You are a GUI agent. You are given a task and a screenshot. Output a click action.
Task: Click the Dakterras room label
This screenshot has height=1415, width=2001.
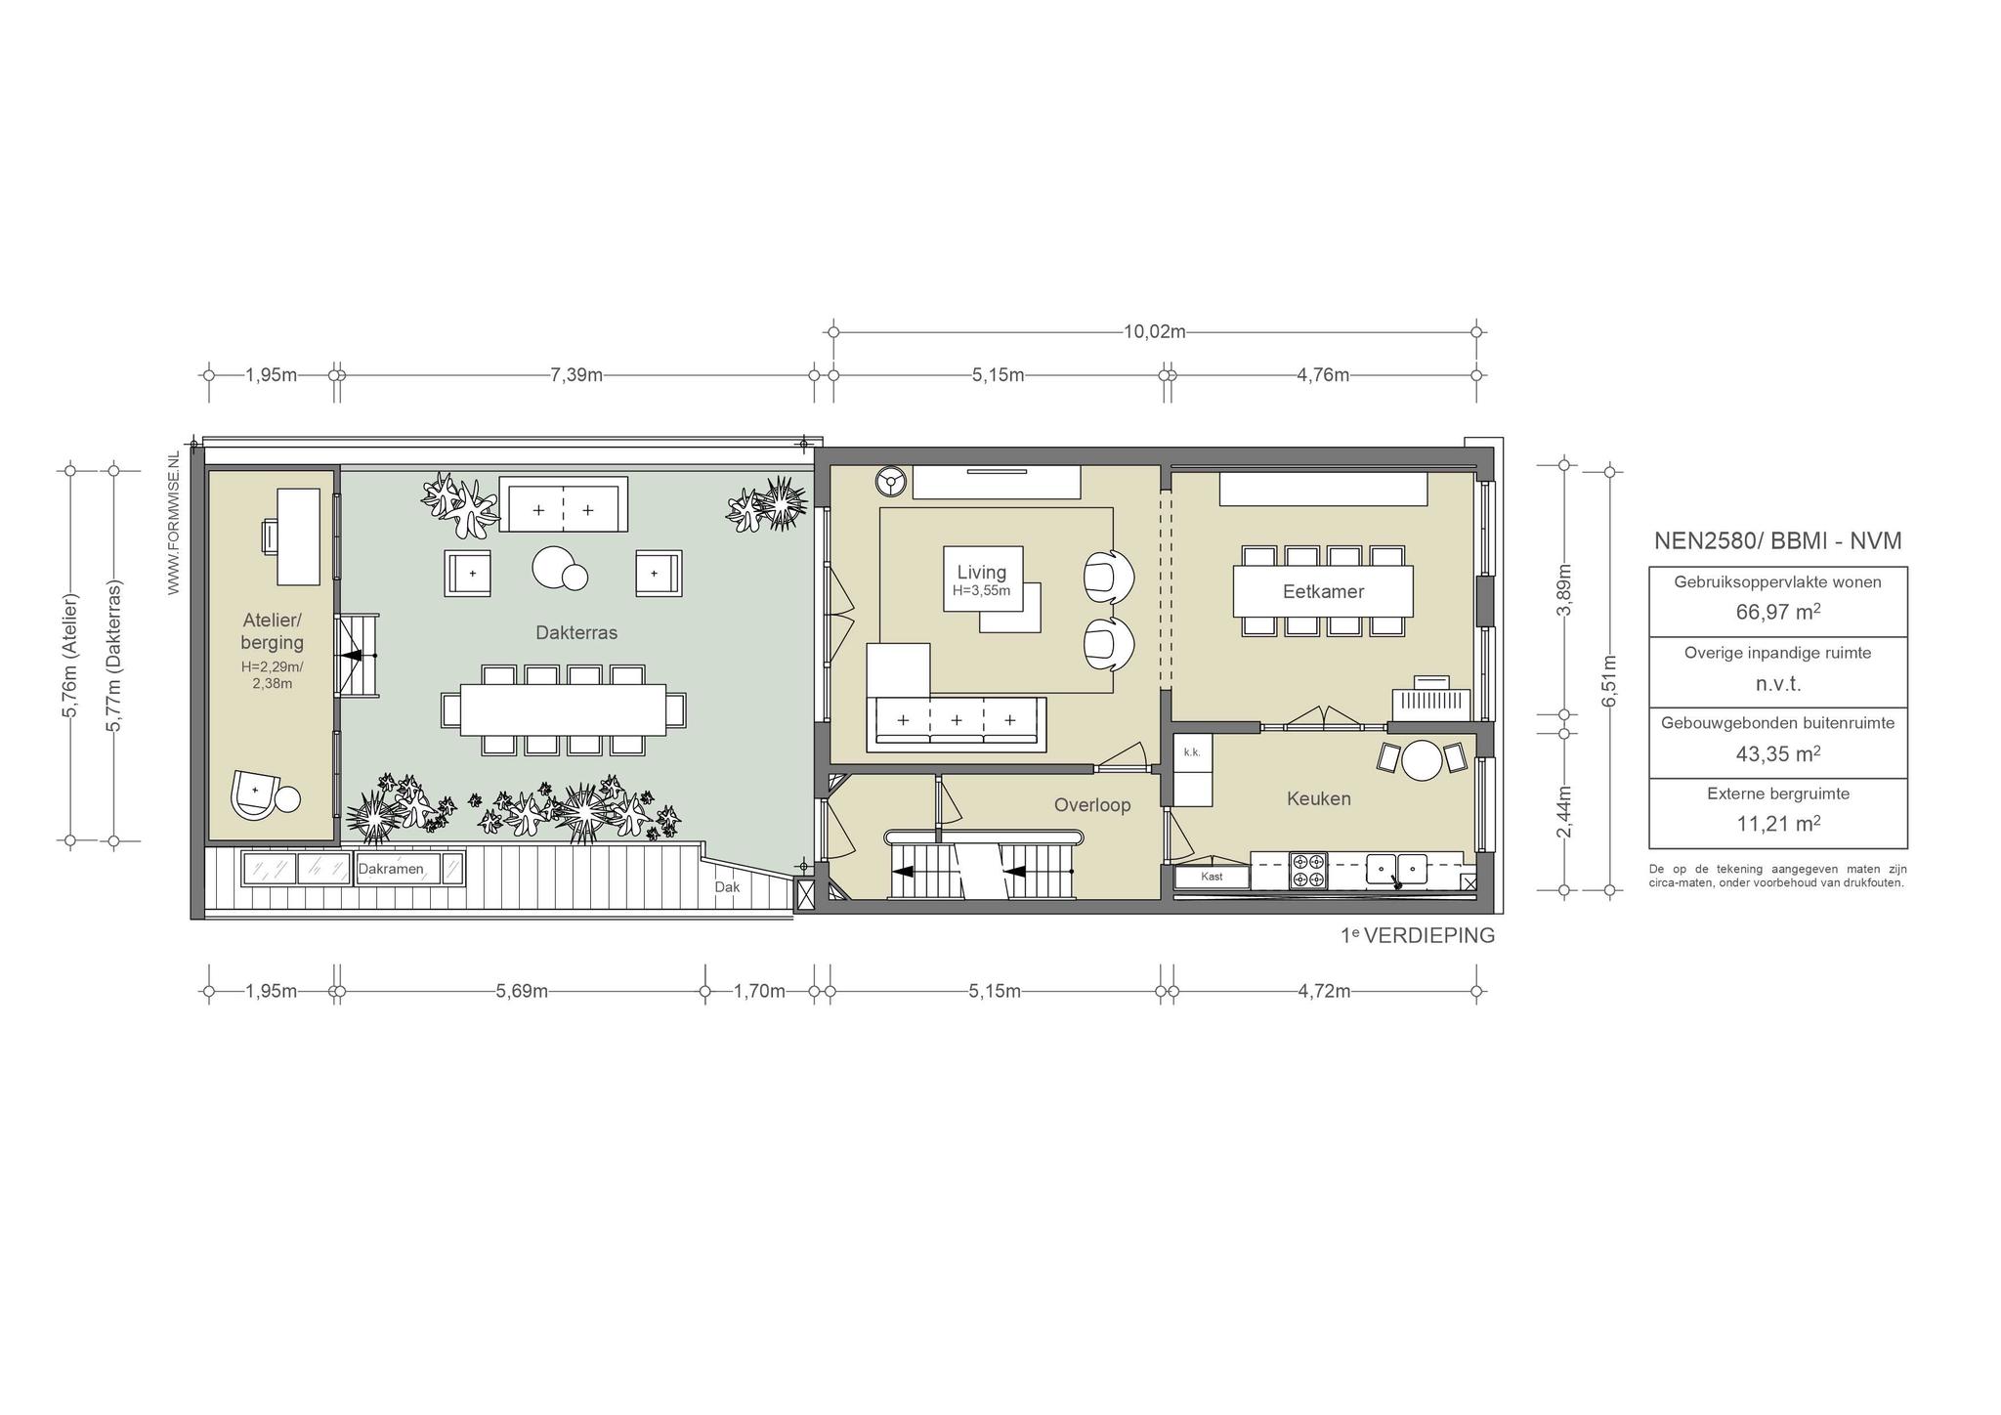pyautogui.click(x=576, y=632)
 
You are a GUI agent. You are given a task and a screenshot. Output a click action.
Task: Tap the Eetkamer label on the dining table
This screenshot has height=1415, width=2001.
pyautogui.click(x=1323, y=591)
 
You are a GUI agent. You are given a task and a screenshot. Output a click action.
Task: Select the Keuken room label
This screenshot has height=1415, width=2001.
pyautogui.click(x=1319, y=798)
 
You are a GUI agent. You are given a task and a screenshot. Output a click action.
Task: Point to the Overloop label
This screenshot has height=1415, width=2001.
pyautogui.click(x=1092, y=805)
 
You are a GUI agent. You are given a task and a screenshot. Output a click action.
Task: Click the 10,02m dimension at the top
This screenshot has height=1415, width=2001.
pyautogui.click(x=1154, y=331)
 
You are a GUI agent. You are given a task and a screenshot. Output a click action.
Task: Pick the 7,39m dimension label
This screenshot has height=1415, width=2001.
pyautogui.click(x=576, y=374)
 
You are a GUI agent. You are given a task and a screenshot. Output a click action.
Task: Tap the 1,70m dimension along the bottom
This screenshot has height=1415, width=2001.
pyautogui.click(x=759, y=991)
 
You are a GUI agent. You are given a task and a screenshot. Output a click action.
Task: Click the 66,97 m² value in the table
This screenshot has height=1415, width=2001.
pyautogui.click(x=1777, y=612)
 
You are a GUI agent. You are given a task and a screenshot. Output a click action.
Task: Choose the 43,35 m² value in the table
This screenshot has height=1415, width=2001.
pyautogui.click(x=1777, y=753)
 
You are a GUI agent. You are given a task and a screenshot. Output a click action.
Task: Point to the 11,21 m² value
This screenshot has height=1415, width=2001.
pyautogui.click(x=1777, y=823)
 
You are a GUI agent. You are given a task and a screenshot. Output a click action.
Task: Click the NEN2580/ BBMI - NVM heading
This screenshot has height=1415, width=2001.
pyautogui.click(x=1777, y=540)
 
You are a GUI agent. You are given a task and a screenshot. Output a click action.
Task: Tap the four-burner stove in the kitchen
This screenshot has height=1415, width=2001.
pyautogui.click(x=1308, y=871)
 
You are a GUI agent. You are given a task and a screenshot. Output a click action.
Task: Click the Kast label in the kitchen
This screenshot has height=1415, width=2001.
pyautogui.click(x=1212, y=877)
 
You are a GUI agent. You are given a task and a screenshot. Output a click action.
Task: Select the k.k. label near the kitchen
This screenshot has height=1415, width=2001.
pyautogui.click(x=1191, y=751)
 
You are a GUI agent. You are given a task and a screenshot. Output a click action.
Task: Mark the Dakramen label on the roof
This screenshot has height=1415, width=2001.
pyautogui.click(x=391, y=869)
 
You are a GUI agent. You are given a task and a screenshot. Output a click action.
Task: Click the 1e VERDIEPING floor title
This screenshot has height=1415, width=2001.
pyautogui.click(x=1418, y=935)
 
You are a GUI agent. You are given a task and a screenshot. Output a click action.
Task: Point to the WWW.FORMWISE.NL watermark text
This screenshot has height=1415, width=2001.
pyautogui.click(x=174, y=523)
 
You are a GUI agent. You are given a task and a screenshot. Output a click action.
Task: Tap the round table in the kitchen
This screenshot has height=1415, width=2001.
pyautogui.click(x=1423, y=759)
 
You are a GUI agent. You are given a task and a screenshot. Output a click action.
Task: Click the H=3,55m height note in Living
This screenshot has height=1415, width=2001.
pyautogui.click(x=981, y=590)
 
